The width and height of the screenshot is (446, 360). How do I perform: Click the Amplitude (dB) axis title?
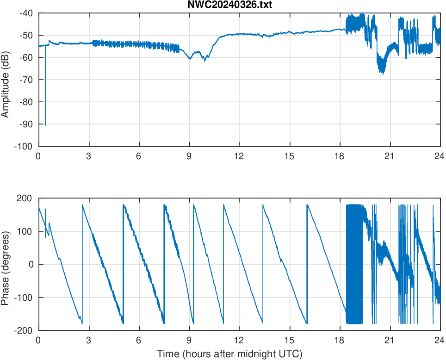click(6, 80)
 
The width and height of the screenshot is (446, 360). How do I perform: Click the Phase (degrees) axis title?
click(6, 264)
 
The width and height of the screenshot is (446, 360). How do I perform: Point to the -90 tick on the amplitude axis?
click(26, 124)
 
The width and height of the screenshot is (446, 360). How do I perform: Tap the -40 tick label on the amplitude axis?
click(26, 13)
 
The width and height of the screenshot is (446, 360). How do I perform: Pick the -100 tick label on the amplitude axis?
click(24, 146)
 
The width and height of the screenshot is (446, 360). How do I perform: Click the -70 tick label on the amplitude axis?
click(26, 80)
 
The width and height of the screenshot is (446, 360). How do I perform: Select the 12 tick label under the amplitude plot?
click(239, 156)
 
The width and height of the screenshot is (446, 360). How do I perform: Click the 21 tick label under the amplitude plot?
click(390, 156)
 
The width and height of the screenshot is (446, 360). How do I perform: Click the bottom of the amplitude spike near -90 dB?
click(45, 124)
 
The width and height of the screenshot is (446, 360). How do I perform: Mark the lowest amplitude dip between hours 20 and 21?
click(383, 74)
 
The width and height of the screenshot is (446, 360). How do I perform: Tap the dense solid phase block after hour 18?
click(354, 264)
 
